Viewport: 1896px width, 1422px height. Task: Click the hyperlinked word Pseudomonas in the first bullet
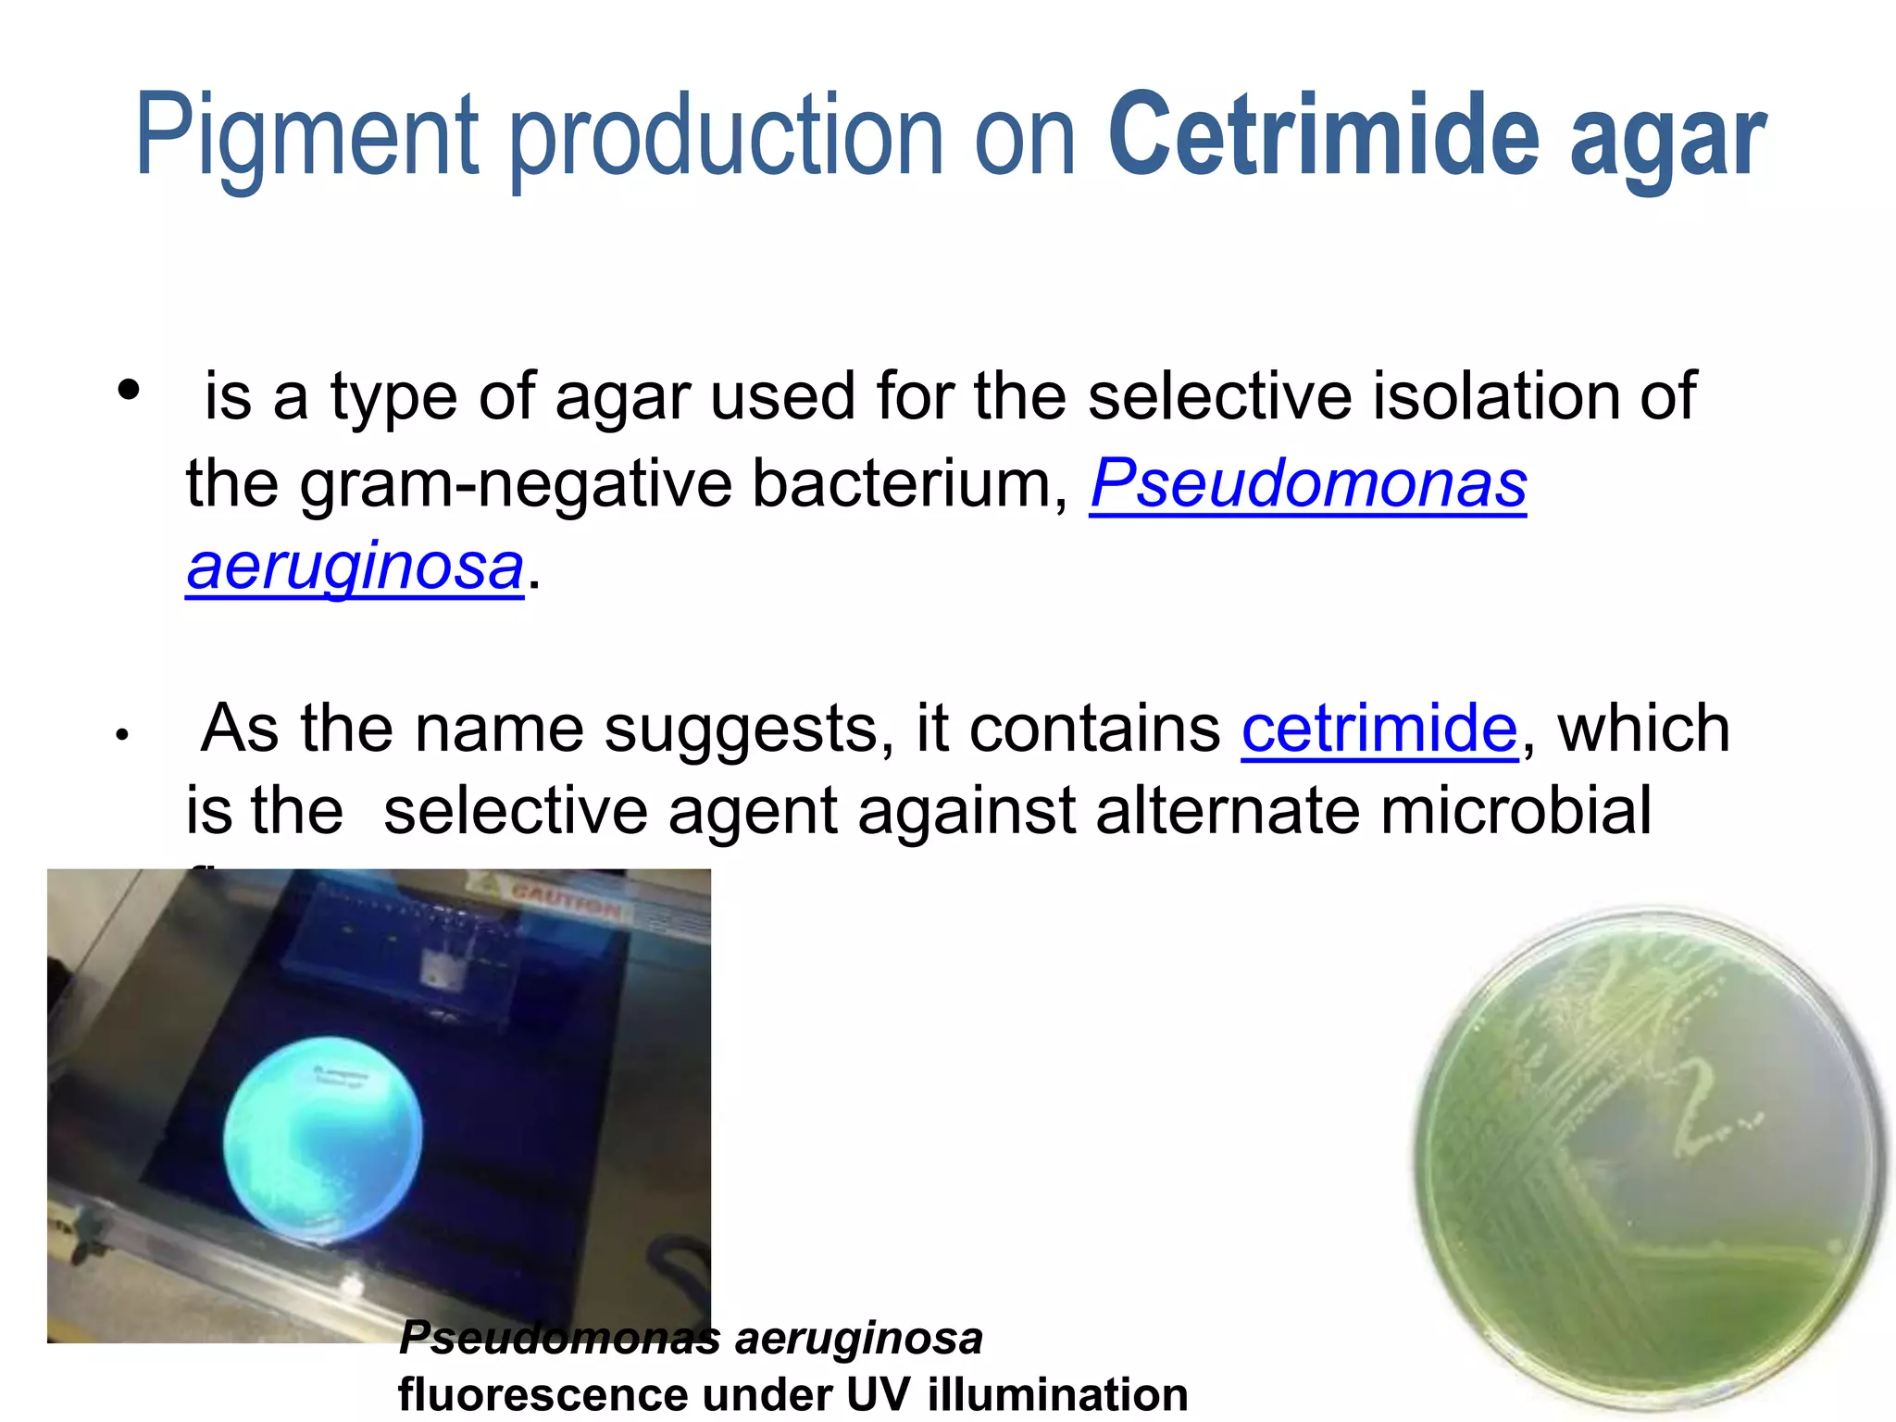coord(1307,484)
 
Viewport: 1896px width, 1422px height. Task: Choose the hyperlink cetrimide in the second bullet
coord(1379,729)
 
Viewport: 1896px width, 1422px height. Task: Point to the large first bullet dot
coord(129,390)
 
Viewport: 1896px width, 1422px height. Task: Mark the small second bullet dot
coord(121,737)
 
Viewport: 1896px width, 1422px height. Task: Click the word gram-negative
coord(515,484)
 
